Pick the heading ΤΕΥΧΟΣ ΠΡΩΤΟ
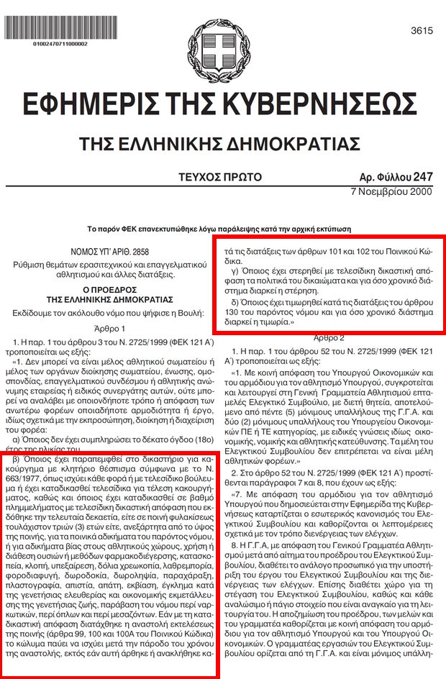(x=221, y=177)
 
